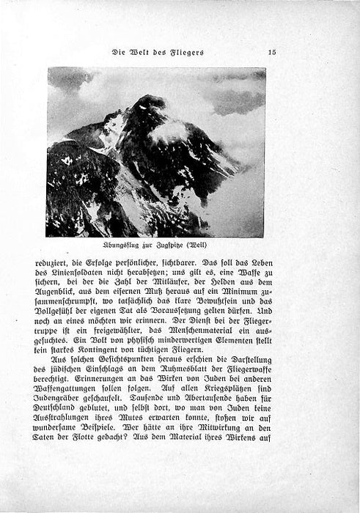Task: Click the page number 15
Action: (x=271, y=51)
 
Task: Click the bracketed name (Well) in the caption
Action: (x=215, y=246)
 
